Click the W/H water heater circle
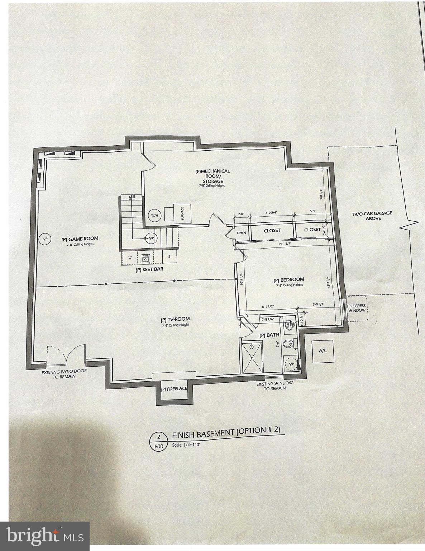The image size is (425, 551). click(x=154, y=216)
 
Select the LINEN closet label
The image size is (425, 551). click(x=242, y=233)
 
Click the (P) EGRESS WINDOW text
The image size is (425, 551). click(x=357, y=308)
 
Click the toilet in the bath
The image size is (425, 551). click(x=288, y=344)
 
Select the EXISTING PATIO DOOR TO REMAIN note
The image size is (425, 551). click(x=64, y=375)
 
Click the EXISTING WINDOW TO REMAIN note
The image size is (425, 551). click(x=274, y=386)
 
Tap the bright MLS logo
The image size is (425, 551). click(x=44, y=536)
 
